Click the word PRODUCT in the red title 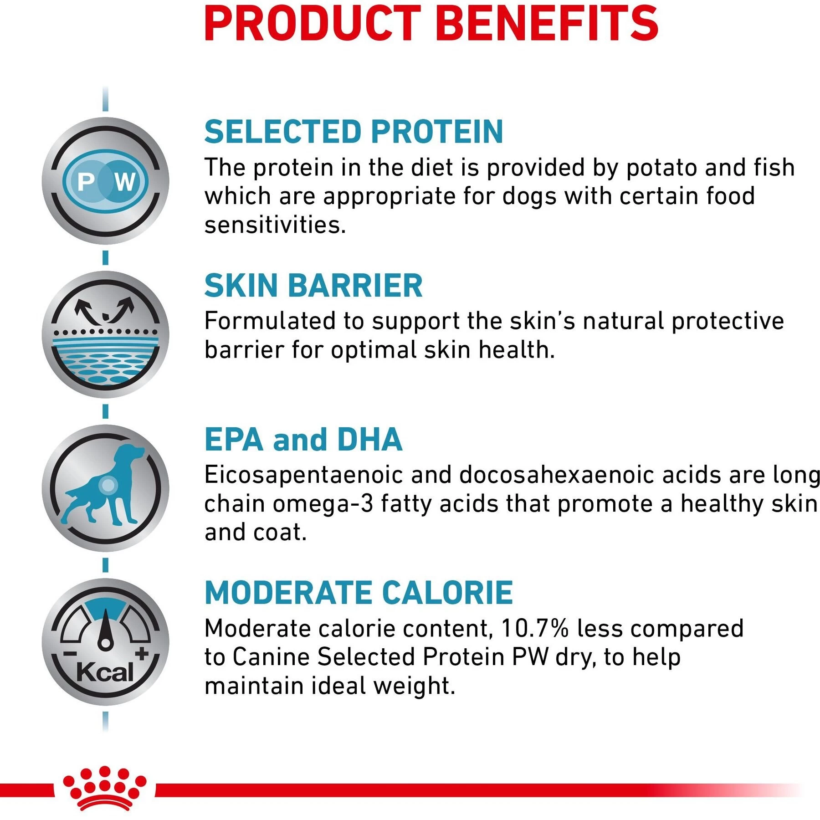coord(312,24)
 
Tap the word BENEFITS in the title coord(547,24)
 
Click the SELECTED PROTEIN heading coord(354,132)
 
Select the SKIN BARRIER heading coord(313,286)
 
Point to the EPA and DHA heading coord(303,440)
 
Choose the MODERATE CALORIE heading coord(359,593)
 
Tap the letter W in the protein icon coord(125,182)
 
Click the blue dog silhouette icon coord(106,485)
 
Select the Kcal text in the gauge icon coord(104,672)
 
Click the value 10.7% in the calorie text coord(534,629)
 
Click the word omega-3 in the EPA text coord(323,504)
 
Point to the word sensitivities coord(275,225)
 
